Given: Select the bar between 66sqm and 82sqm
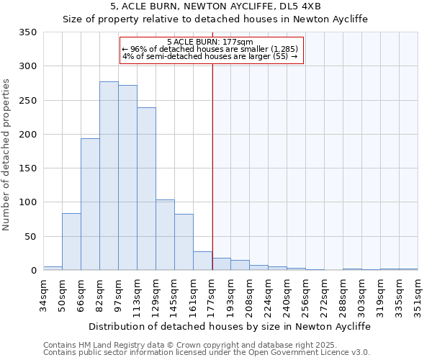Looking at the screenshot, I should [x=90, y=204].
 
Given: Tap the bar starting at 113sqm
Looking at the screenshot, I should [x=146, y=189].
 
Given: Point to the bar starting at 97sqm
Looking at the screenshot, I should [x=127, y=178].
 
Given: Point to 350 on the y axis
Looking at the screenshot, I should [x=29, y=32].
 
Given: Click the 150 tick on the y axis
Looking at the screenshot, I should [x=29, y=168].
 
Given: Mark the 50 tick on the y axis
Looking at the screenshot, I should [x=32, y=236].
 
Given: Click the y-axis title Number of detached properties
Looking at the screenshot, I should [x=7, y=155].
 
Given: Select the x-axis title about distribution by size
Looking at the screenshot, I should [x=230, y=326].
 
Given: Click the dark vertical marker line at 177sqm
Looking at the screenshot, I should [x=212, y=158].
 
